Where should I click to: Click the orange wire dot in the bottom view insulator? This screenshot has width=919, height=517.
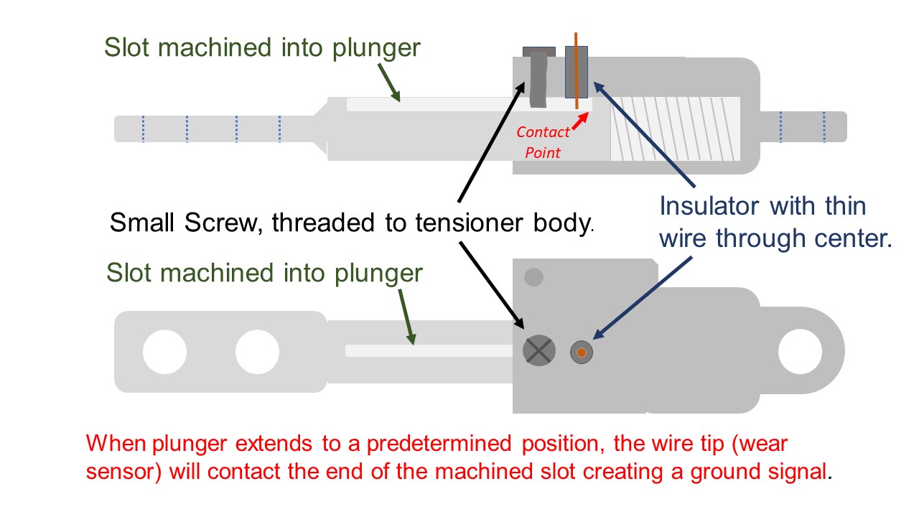click(582, 352)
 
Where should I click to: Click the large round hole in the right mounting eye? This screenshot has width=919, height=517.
click(799, 353)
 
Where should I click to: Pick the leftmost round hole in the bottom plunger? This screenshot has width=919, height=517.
click(164, 353)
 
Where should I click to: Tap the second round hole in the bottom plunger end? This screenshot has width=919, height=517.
click(257, 353)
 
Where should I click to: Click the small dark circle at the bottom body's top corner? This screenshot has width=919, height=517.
click(534, 276)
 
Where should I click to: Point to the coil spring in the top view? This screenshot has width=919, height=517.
click(675, 129)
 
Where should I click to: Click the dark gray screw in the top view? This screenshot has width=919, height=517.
click(538, 80)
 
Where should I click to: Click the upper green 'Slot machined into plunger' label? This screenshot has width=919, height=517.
click(261, 47)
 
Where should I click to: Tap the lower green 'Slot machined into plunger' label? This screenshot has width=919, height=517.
click(264, 273)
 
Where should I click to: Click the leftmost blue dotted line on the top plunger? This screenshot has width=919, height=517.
click(143, 129)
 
